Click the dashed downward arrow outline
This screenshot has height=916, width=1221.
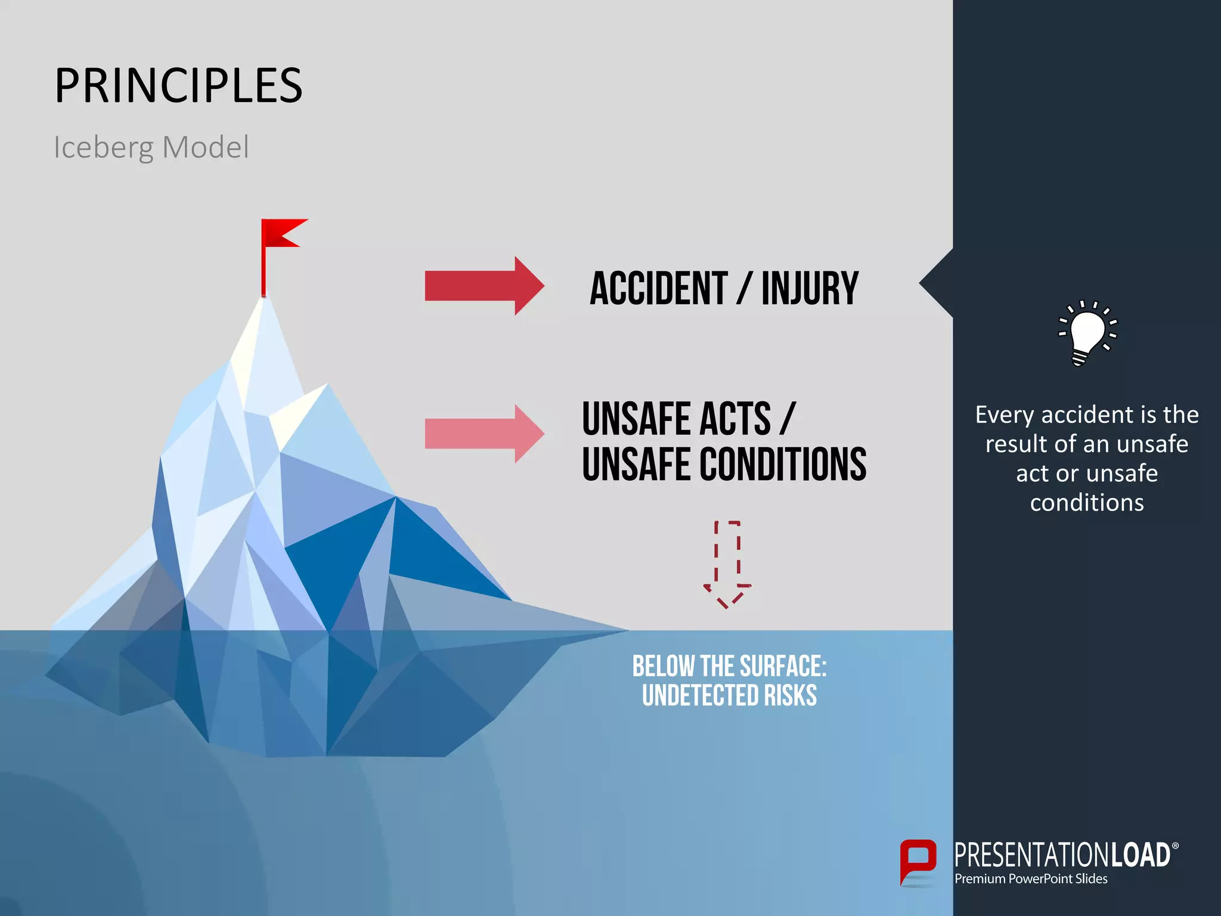point(727,564)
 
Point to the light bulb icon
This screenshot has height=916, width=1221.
point(1086,332)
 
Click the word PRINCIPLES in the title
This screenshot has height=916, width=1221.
point(179,86)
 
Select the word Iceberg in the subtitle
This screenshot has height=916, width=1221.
point(103,147)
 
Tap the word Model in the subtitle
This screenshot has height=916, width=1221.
point(205,147)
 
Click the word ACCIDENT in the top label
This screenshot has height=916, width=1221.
point(658,289)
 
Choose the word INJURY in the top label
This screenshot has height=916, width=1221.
point(810,289)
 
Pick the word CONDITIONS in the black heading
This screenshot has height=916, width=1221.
point(783,465)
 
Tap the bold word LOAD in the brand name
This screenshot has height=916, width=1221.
point(1139,856)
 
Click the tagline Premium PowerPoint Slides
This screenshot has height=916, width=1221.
point(1031,879)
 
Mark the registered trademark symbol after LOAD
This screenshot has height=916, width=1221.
point(1175,846)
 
